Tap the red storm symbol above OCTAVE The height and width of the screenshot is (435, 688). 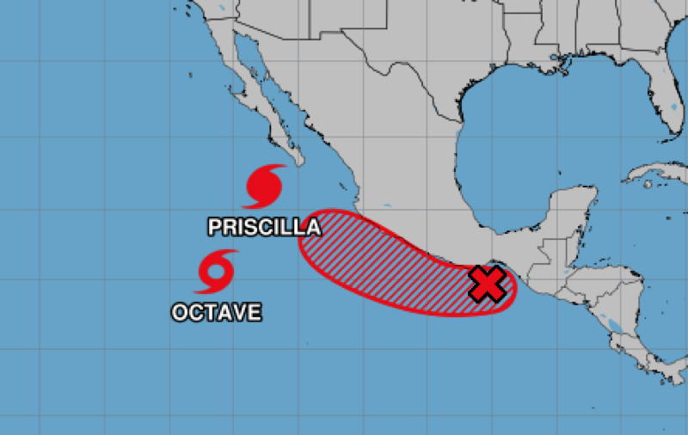tap(215, 272)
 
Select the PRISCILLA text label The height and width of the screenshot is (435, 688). tap(264, 227)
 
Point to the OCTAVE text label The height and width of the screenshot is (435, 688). tap(216, 312)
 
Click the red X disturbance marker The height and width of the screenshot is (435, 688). tap(488, 284)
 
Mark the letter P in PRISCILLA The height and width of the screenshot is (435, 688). tap(215, 227)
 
